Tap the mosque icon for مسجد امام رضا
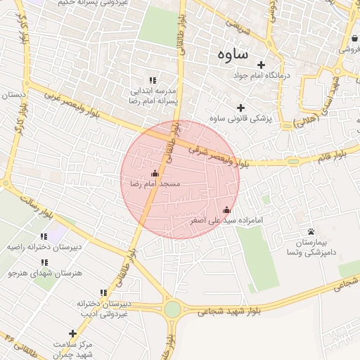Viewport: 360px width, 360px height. tap(155, 173)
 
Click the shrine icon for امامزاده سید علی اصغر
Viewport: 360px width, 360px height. tap(226, 210)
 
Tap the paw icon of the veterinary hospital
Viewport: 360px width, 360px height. tap(310, 231)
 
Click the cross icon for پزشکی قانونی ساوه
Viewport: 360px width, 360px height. tap(241, 108)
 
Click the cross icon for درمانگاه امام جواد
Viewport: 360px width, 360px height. tap(261, 65)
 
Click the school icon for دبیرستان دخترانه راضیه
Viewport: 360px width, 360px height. tap(44, 236)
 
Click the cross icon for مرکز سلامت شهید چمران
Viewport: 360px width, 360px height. tap(72, 333)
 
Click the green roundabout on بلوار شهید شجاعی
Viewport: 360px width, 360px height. tap(172, 309)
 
